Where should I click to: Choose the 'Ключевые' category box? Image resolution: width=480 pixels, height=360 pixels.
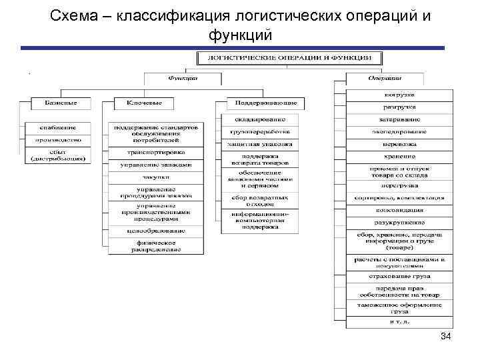pos(144,103)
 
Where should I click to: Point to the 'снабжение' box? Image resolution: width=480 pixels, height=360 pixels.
pos(58,127)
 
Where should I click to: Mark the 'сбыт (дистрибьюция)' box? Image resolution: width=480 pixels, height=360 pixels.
pos(58,156)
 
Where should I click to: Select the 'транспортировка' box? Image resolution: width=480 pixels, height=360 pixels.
pos(156,151)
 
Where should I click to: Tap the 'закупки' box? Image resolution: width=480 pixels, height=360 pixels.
pos(156,177)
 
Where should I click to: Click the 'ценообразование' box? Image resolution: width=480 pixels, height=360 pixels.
pos(156,231)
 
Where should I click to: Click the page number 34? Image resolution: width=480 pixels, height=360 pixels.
pos(446,337)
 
